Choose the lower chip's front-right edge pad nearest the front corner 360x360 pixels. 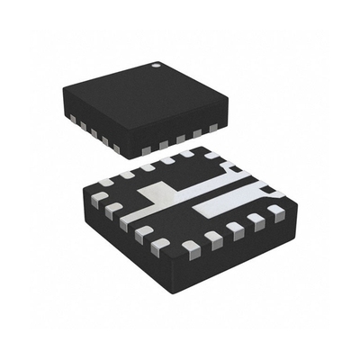coord(190,245)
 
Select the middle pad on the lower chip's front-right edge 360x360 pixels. coord(236,227)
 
